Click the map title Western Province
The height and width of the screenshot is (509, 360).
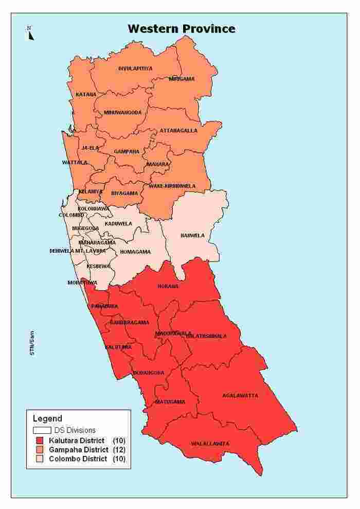pos(182,28)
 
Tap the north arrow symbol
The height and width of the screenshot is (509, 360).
pos(30,33)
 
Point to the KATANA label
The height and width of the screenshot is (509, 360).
pos(86,95)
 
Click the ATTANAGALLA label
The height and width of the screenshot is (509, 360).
pos(178,131)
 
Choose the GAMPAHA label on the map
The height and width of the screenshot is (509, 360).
pos(127,151)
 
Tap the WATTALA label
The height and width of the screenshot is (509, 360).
pos(75,163)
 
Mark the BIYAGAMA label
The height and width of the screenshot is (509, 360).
pos(124,194)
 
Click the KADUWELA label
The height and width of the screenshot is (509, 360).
pos(118,224)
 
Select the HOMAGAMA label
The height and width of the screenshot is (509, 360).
pos(135,252)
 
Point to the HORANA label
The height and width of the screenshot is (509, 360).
pos(168,286)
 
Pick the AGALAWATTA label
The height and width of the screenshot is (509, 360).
pos(240,396)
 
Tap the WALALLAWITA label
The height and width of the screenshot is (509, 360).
pos(210,444)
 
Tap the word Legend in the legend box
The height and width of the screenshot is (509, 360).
pos(47,418)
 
